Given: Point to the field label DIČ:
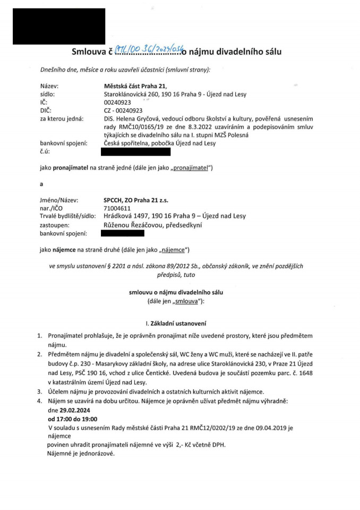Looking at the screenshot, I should [47, 110].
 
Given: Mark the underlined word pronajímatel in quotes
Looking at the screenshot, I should [188, 169].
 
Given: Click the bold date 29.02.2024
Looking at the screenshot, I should [69, 411].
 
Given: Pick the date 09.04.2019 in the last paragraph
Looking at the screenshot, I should [265, 428].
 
